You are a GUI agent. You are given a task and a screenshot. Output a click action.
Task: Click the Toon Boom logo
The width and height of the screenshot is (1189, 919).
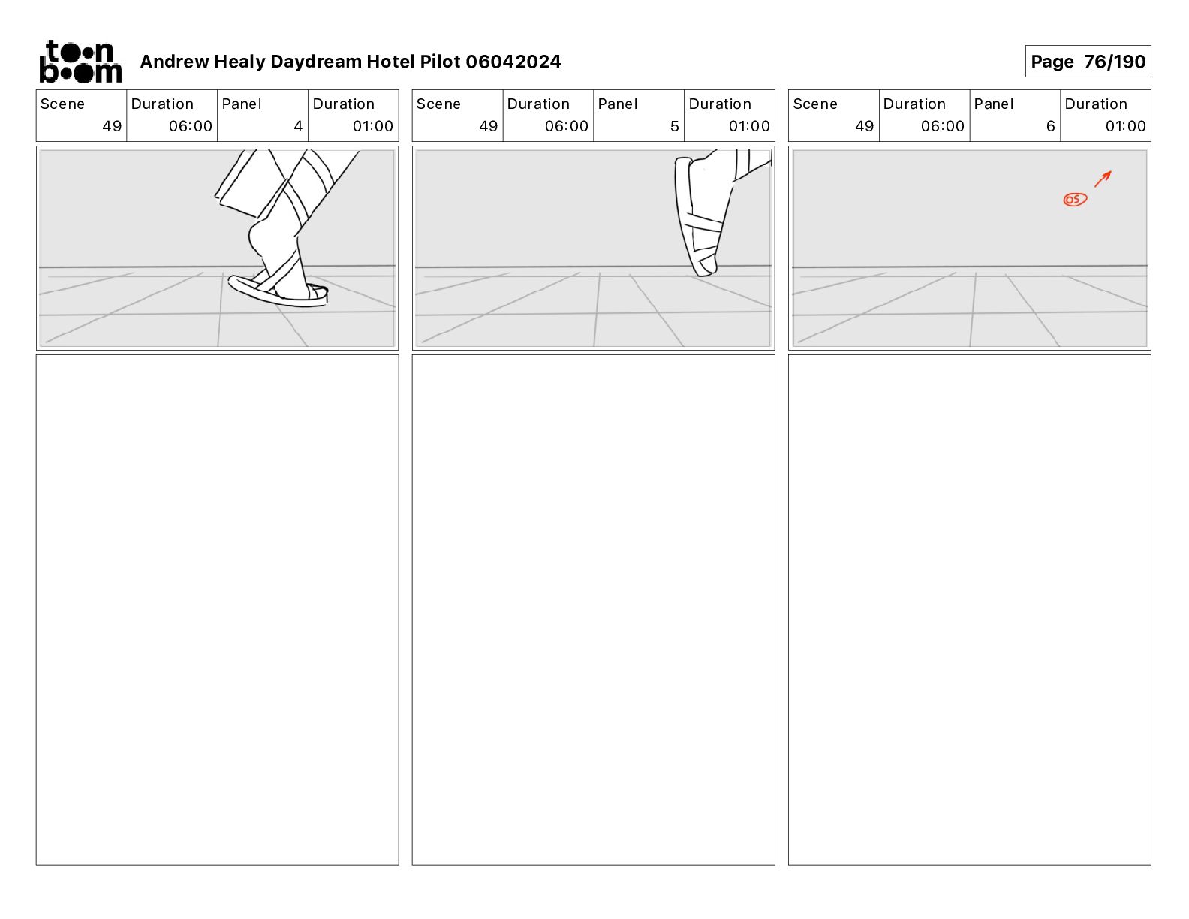[80, 62]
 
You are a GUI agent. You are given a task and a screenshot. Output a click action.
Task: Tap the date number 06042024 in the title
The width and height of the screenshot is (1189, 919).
[513, 62]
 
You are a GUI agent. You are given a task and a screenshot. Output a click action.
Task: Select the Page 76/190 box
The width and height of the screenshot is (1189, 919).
[1088, 62]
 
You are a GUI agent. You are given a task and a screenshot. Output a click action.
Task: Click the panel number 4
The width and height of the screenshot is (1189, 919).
[298, 126]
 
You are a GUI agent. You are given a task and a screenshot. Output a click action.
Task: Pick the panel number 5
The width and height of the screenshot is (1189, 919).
[674, 126]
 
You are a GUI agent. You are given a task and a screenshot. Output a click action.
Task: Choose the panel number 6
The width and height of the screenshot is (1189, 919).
[1050, 126]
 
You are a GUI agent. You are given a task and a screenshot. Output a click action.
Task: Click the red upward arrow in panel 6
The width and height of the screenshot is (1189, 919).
[1103, 179]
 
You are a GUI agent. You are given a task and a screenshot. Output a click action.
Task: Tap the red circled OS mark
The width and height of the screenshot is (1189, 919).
[1075, 200]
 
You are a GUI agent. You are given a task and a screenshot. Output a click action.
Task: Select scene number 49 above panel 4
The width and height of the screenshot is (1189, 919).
[112, 126]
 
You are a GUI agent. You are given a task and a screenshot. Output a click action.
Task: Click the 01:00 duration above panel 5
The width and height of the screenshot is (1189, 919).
[749, 126]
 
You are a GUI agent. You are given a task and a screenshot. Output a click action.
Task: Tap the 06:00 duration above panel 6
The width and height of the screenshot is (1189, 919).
[942, 126]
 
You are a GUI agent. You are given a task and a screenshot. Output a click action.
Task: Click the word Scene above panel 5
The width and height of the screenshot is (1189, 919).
[438, 104]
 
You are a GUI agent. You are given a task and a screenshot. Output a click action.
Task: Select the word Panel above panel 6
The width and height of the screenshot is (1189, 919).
[993, 104]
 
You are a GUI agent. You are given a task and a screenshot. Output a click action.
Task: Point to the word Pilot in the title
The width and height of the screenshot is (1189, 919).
[440, 62]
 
